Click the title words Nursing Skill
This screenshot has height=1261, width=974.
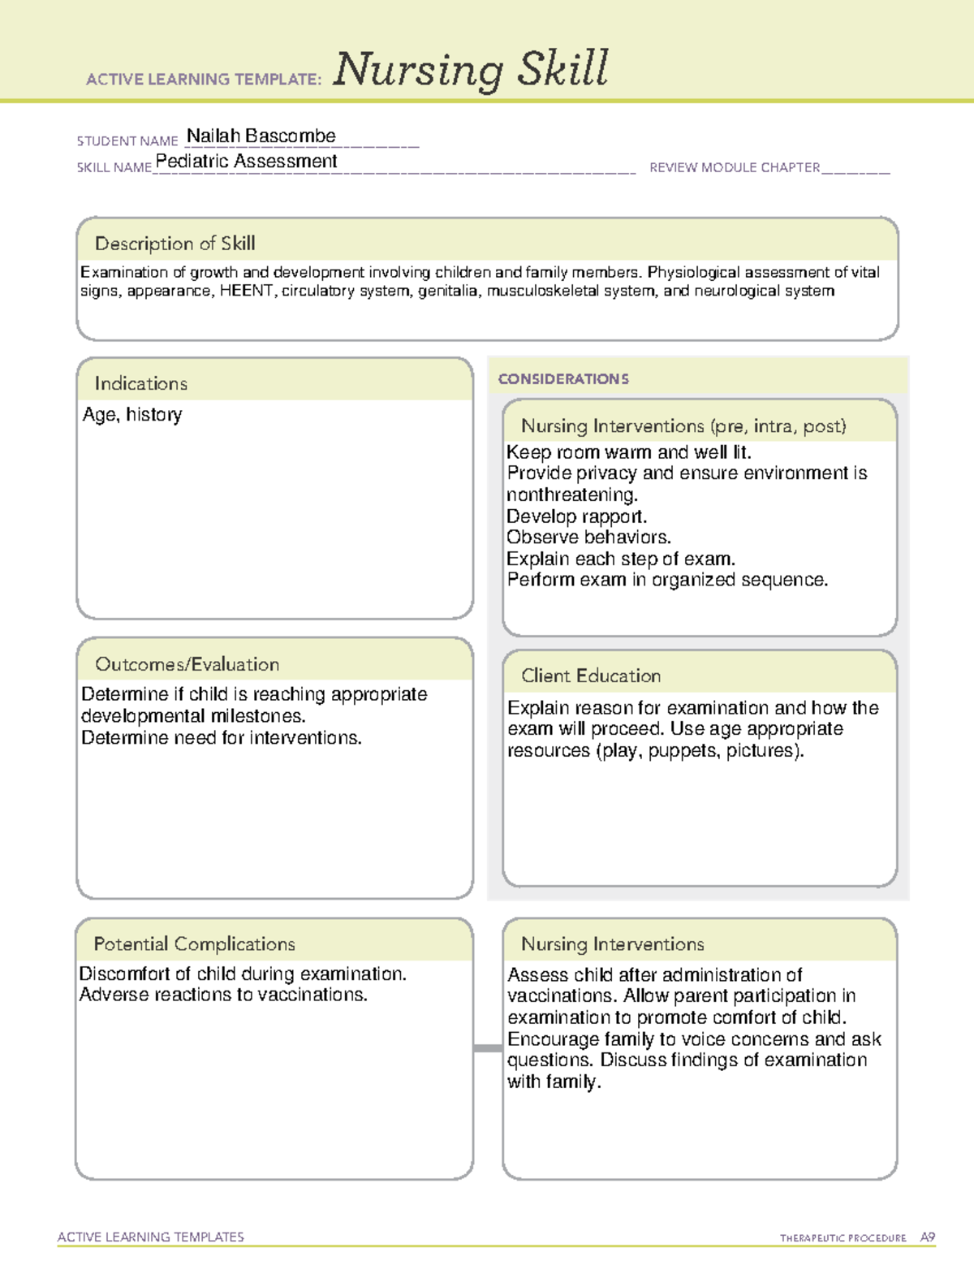tap(470, 70)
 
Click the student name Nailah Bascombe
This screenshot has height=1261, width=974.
tap(261, 136)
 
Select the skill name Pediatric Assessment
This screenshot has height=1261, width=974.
tap(246, 162)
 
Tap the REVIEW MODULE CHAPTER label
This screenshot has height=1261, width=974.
tap(735, 167)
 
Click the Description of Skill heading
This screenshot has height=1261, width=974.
tap(175, 244)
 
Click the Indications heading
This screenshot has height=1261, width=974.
tap(140, 383)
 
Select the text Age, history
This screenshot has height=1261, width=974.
tap(132, 415)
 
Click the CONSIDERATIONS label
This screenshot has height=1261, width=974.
tap(563, 379)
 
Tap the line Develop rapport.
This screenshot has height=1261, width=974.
tap(576, 516)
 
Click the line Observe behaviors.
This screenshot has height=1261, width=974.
tap(588, 538)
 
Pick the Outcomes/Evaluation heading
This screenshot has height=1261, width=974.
tap(187, 664)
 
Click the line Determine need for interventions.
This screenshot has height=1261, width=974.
tap(222, 738)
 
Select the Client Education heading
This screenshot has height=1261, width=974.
tap(591, 676)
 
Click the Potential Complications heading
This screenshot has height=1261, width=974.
tap(194, 944)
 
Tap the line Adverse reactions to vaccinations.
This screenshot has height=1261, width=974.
tap(223, 995)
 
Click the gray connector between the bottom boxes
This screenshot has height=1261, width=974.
tap(488, 1048)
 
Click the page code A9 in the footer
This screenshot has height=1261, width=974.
tap(928, 1237)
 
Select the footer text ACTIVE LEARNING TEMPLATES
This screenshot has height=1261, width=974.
tap(151, 1237)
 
